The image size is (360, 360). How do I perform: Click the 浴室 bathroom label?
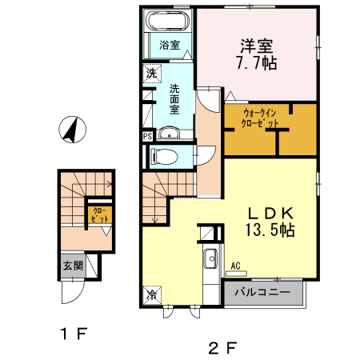(x=168, y=44)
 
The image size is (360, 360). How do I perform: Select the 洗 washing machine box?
(x=151, y=74)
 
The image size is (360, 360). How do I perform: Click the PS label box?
(x=147, y=137)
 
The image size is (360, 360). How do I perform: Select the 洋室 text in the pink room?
(x=255, y=45)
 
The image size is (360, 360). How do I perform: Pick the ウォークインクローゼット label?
(x=261, y=118)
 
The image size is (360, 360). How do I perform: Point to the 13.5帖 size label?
(x=269, y=231)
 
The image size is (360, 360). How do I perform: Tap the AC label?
(x=236, y=265)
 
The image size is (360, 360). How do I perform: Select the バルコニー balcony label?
(x=262, y=293)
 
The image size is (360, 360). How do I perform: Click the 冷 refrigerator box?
(x=151, y=295)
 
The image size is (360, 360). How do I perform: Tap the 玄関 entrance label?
(x=73, y=266)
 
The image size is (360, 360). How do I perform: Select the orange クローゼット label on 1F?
(x=100, y=214)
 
